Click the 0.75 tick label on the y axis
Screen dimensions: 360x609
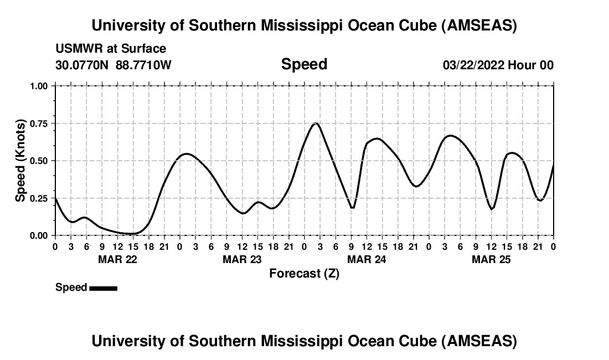click(x=39, y=123)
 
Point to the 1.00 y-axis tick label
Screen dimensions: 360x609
click(x=39, y=86)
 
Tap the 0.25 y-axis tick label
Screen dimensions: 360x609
click(x=39, y=198)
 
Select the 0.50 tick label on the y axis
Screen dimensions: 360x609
click(x=39, y=161)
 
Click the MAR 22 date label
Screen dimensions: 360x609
click(x=117, y=259)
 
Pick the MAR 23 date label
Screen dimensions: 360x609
click(x=242, y=259)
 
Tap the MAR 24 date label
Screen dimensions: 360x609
click(x=367, y=259)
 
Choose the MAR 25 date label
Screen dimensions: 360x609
click(x=491, y=259)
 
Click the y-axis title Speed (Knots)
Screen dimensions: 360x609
click(x=20, y=161)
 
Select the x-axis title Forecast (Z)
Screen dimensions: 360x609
click(x=304, y=273)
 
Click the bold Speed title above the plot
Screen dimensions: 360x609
click(x=304, y=64)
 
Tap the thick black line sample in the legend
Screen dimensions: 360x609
click(x=103, y=288)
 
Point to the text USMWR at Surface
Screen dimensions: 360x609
click(x=111, y=49)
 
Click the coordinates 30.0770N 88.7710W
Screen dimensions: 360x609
click(x=113, y=65)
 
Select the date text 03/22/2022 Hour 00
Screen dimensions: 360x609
click(x=498, y=65)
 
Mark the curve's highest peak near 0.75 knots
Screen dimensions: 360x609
click(x=316, y=124)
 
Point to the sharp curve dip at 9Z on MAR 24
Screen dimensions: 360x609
click(x=352, y=208)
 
